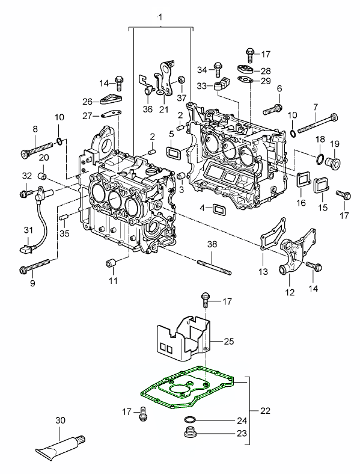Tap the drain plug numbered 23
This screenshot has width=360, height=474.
point(191,433)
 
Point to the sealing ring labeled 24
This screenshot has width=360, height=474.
point(190,420)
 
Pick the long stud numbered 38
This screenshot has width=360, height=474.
point(215,267)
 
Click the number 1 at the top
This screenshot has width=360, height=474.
point(160,17)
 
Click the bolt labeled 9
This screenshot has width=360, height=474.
point(34,265)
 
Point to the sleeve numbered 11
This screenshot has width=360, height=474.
point(111,263)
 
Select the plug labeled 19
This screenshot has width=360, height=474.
point(332,162)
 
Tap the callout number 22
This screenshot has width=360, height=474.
point(265,411)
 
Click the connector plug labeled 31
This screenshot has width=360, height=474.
point(25,250)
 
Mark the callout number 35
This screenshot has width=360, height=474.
point(64,233)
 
